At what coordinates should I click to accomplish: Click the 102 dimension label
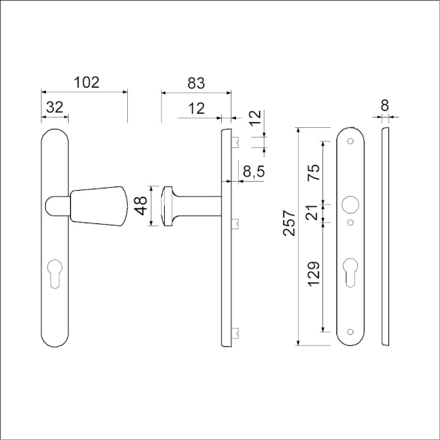(87, 83)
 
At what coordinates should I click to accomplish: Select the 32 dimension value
(55, 107)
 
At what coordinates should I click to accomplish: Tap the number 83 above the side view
(196, 83)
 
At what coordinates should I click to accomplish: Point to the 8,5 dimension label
(254, 171)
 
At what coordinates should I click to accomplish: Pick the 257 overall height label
(289, 223)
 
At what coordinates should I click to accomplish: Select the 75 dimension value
(314, 172)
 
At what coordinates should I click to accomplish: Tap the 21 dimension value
(314, 213)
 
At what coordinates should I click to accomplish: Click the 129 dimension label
(314, 274)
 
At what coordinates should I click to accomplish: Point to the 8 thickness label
(385, 106)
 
